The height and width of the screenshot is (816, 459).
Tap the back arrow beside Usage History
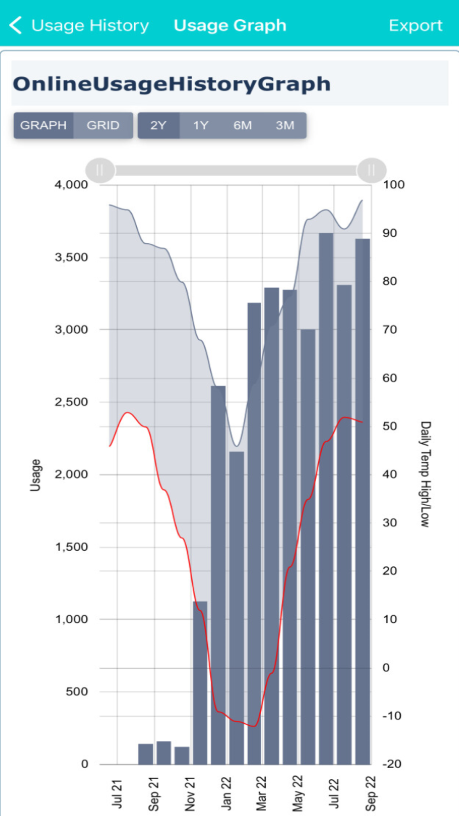[16, 25]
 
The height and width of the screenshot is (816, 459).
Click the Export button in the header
[415, 25]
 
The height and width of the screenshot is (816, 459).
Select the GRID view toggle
[103, 125]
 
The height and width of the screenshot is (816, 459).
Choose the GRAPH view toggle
[44, 125]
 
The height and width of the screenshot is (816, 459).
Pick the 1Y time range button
[201, 125]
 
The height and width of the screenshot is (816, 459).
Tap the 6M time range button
[242, 125]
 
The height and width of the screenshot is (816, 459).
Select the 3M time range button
[285, 125]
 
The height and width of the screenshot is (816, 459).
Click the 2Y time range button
[158, 125]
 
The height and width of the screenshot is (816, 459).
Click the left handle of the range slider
[100, 170]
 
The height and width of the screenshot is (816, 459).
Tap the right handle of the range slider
[371, 170]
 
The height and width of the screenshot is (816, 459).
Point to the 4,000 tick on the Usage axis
[71, 184]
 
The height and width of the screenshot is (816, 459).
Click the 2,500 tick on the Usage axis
[71, 402]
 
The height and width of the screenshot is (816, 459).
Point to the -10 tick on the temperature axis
[392, 715]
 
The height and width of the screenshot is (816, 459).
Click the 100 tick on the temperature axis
[394, 184]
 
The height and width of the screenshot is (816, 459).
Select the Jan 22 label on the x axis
[226, 793]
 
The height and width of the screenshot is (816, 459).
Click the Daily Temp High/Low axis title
[425, 474]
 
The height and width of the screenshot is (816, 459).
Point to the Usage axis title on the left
[35, 475]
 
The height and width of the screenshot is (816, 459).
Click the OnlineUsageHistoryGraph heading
[172, 84]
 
